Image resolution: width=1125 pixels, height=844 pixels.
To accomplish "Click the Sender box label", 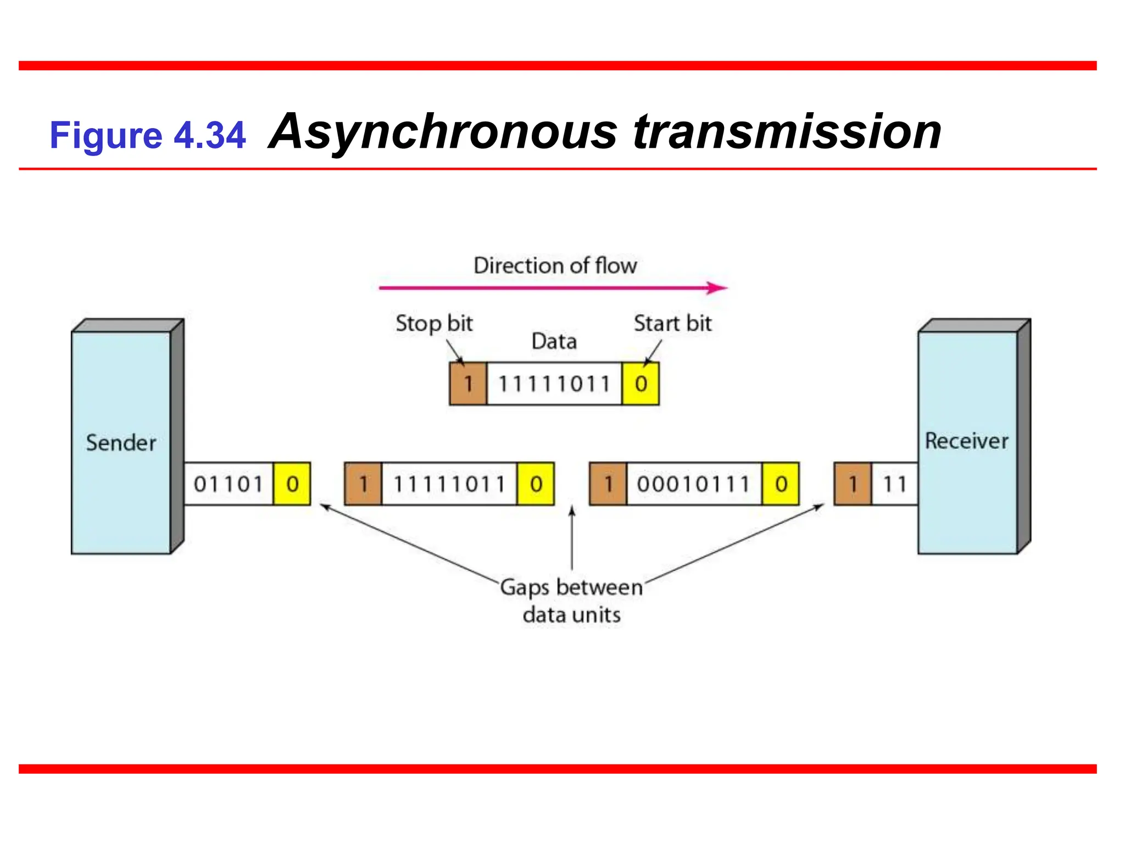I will click(x=121, y=443).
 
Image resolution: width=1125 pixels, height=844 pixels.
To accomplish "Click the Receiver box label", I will click(x=966, y=441).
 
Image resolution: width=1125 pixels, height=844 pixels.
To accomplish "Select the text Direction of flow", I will click(x=555, y=266).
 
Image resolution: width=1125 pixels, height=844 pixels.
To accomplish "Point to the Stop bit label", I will click(x=434, y=324).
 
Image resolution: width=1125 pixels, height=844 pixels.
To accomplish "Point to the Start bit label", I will click(x=672, y=323).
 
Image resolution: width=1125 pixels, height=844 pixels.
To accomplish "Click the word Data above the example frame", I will click(x=554, y=342).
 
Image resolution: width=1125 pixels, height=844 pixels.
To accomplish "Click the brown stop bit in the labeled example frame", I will click(x=468, y=384).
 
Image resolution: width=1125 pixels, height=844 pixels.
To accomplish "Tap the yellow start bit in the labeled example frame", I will click(x=641, y=384).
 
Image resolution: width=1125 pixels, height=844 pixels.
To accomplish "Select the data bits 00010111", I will click(x=693, y=484).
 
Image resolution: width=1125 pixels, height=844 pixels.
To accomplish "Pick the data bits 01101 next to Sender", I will click(x=229, y=484).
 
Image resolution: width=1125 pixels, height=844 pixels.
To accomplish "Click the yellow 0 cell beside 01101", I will click(x=292, y=484).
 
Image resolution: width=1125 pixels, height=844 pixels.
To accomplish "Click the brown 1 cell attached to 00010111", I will click(x=608, y=484).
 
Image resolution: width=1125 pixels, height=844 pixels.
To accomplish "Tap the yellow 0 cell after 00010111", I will click(x=781, y=484).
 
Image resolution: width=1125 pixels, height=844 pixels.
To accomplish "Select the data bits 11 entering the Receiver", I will click(x=894, y=484).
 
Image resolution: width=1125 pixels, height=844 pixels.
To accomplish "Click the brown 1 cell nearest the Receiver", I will click(x=853, y=484).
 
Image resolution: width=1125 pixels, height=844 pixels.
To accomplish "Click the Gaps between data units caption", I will click(x=571, y=601).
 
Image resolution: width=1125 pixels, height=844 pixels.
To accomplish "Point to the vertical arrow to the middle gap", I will click(x=572, y=538).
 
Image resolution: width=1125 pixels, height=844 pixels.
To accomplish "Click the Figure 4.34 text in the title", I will click(x=147, y=135).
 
